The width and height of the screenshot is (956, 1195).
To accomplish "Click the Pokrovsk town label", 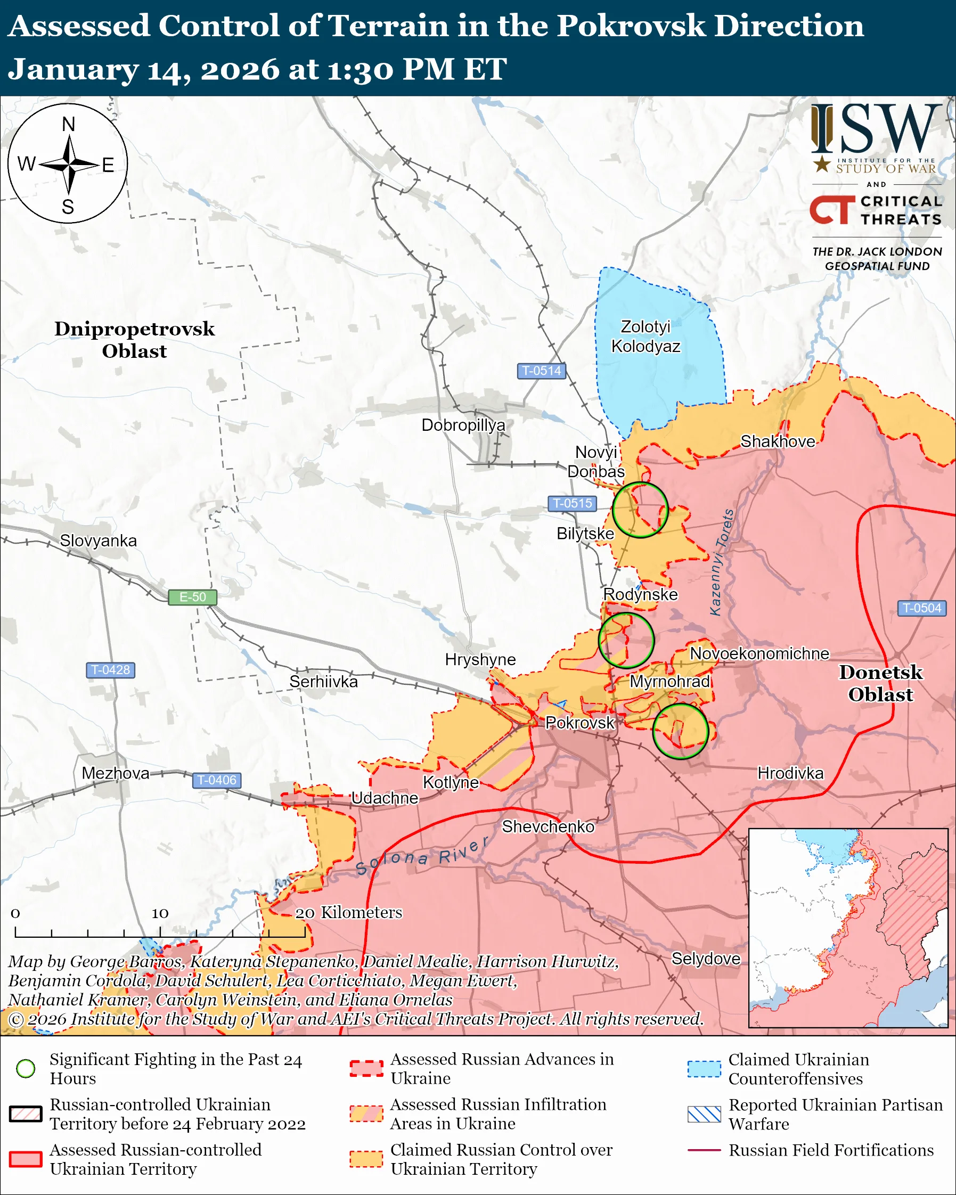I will (x=579, y=723).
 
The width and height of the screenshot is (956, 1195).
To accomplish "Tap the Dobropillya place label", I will (x=463, y=425).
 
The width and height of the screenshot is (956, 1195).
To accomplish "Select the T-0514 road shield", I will (x=541, y=371).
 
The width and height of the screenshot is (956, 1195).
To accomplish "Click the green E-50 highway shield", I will (x=192, y=597).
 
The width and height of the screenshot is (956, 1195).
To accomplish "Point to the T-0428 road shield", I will (x=110, y=669).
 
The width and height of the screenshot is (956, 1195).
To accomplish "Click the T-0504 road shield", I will (x=921, y=608).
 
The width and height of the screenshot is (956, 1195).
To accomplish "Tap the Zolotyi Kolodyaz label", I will (x=645, y=337).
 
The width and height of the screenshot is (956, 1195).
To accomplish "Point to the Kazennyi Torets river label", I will (x=722, y=562).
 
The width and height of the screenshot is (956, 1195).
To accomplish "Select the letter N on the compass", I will (x=68, y=124).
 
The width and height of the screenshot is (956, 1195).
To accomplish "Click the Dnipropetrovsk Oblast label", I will (x=134, y=340).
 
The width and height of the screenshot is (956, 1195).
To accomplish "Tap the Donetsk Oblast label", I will (x=880, y=683).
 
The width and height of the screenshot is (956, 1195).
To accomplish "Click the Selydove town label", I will (x=706, y=959).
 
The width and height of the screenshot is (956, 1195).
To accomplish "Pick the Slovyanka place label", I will (x=98, y=541).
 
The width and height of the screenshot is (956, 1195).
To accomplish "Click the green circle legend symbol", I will (x=26, y=1068).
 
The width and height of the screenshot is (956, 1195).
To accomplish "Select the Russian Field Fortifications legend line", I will (x=704, y=1150).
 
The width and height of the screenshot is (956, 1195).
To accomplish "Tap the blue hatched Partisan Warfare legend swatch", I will (x=704, y=1114).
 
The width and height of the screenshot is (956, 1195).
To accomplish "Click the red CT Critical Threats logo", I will (x=832, y=209).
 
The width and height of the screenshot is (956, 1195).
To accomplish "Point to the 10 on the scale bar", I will (x=160, y=913).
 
